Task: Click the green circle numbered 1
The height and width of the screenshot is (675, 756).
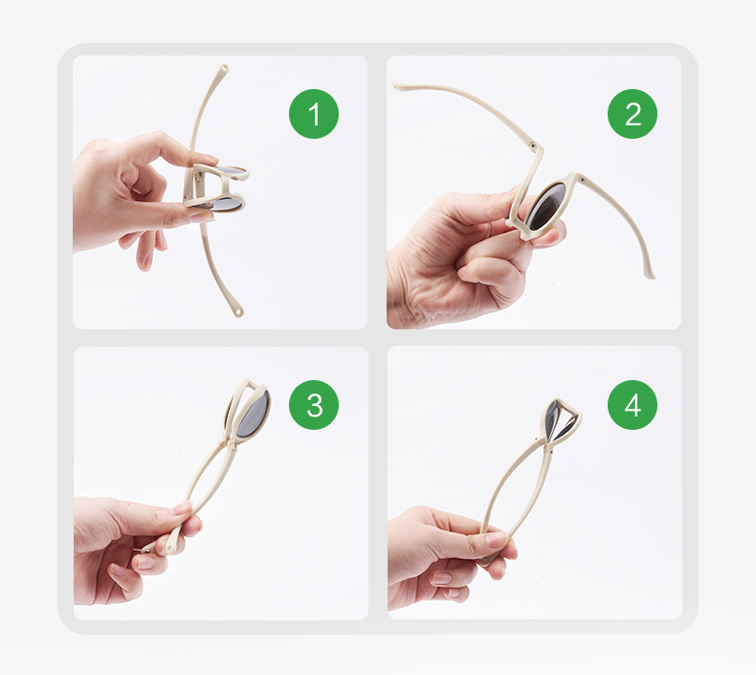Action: [314, 114]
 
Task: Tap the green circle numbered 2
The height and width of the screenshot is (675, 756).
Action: [633, 114]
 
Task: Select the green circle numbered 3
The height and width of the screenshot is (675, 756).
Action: [314, 405]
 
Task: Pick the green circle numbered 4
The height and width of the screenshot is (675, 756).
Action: [633, 405]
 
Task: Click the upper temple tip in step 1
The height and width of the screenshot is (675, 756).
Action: [225, 68]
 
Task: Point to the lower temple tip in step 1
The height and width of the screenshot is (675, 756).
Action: [238, 312]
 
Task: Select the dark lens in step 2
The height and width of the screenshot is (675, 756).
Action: [546, 206]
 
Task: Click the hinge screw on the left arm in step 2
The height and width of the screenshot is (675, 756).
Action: [533, 145]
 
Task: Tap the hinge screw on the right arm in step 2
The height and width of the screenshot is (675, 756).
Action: [583, 180]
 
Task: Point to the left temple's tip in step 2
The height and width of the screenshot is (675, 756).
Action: [397, 86]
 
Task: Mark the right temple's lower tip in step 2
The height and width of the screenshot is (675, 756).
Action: [651, 276]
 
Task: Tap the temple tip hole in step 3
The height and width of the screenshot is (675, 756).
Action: [169, 548]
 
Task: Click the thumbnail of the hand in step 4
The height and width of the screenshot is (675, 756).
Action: [497, 539]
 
